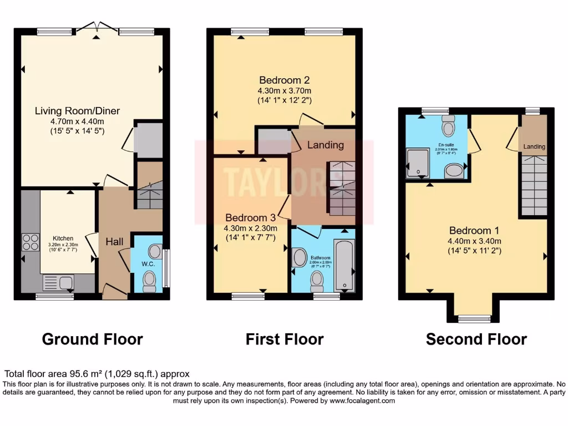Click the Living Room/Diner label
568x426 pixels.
click(x=77, y=110)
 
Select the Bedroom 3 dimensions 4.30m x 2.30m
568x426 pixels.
click(x=251, y=228)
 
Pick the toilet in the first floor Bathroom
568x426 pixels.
click(x=317, y=282)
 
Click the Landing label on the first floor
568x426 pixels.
click(x=326, y=145)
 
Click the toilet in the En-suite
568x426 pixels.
click(x=448, y=126)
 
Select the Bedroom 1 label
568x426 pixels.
click(x=470, y=230)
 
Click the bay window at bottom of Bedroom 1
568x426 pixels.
click(x=474, y=318)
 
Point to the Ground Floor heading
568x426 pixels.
click(x=92, y=339)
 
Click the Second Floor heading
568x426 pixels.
click(x=476, y=339)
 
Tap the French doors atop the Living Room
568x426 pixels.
click(x=97, y=26)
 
